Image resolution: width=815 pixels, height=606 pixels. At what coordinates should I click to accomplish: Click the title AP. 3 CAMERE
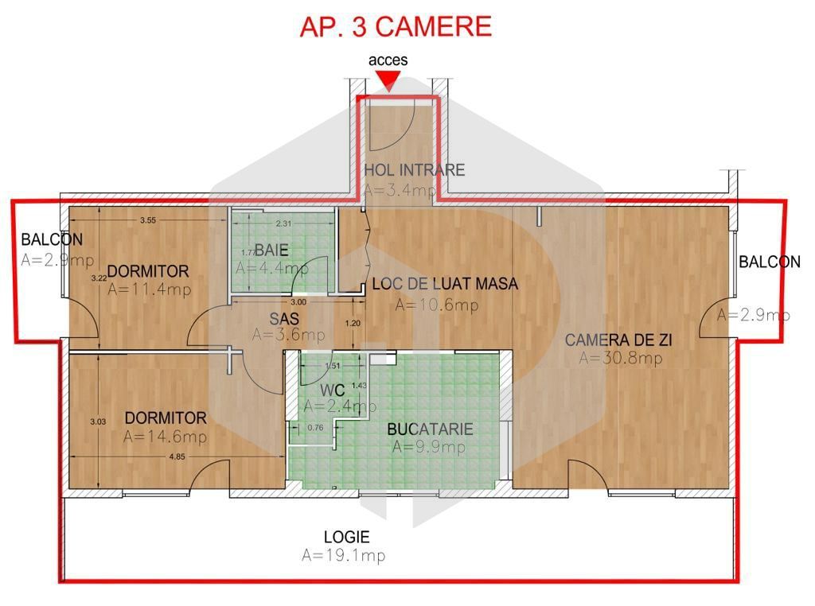point(396,26)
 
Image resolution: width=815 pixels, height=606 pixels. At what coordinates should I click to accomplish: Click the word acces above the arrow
point(388,60)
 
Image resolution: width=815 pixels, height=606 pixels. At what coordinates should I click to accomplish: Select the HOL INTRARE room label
point(414,169)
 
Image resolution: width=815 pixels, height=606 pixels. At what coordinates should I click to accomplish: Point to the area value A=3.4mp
point(400,190)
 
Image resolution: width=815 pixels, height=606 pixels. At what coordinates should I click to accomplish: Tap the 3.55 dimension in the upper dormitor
point(148,220)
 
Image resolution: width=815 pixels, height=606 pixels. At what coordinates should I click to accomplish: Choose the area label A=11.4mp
point(148,289)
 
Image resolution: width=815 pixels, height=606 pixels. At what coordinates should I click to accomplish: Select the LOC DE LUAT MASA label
point(445,284)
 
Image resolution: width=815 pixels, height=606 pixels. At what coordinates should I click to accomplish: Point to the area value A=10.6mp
point(436,305)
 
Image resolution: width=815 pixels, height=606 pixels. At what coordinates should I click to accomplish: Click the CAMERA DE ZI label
point(619,340)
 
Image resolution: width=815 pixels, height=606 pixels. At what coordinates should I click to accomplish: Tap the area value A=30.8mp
point(620,359)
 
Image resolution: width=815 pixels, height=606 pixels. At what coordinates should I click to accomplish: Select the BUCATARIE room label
point(430,429)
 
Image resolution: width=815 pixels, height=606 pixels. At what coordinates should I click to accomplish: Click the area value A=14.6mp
point(165,437)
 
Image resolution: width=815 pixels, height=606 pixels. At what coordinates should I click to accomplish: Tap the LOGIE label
point(346,537)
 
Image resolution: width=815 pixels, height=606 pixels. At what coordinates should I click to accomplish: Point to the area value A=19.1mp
point(343,556)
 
